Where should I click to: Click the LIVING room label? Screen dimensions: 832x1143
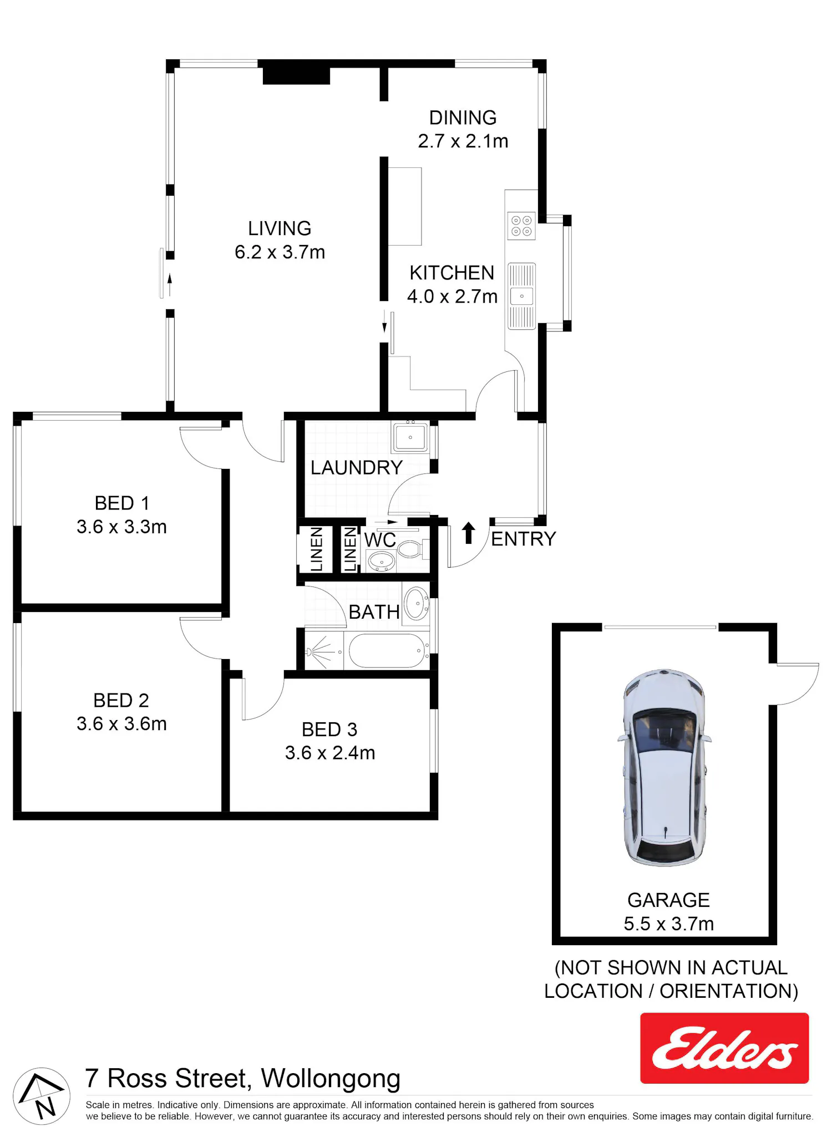[280, 228]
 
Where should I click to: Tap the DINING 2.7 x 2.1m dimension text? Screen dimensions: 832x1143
[463, 141]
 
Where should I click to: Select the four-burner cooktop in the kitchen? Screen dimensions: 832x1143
[521, 226]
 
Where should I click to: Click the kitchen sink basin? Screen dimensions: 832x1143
[521, 296]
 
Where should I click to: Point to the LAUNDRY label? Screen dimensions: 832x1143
[356, 468]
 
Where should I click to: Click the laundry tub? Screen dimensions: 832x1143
[410, 437]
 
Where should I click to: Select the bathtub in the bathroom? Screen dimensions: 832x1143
[387, 651]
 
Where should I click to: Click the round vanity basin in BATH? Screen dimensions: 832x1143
[417, 604]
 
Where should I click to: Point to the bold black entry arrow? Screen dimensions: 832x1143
[469, 533]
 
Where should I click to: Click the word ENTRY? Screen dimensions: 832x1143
[524, 539]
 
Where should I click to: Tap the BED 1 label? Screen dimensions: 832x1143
[122, 503]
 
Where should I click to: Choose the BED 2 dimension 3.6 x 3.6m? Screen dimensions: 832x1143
[121, 724]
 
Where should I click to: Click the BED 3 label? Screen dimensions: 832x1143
[329, 729]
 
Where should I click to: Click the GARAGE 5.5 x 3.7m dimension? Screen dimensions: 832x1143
[668, 924]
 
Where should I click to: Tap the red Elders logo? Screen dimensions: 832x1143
[724, 1048]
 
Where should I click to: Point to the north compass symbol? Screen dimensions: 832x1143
[42, 1096]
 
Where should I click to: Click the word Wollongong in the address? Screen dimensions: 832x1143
[331, 1079]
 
